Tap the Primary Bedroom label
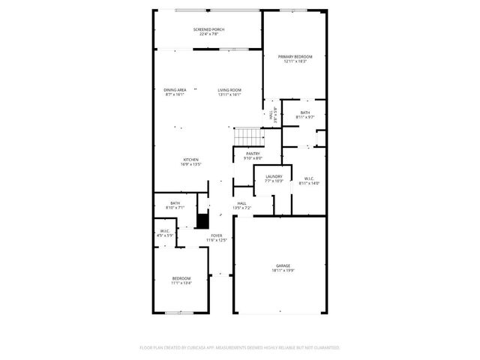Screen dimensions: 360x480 (295, 57)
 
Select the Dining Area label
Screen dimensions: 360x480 (175, 90)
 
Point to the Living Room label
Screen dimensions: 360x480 (229, 90)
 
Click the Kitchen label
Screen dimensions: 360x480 (191, 160)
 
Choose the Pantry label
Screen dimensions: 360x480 (253, 154)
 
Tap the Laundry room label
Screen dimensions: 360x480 (273, 176)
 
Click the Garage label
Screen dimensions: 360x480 (282, 266)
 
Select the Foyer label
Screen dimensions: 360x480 (217, 235)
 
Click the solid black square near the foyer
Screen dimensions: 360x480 (201, 221)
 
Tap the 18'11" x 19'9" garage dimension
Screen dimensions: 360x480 (282, 271)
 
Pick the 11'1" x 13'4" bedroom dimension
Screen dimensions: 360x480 (181, 283)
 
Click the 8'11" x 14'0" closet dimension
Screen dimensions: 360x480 (309, 184)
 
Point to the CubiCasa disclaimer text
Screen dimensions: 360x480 (240, 348)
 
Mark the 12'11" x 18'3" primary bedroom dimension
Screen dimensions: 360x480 (295, 61)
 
